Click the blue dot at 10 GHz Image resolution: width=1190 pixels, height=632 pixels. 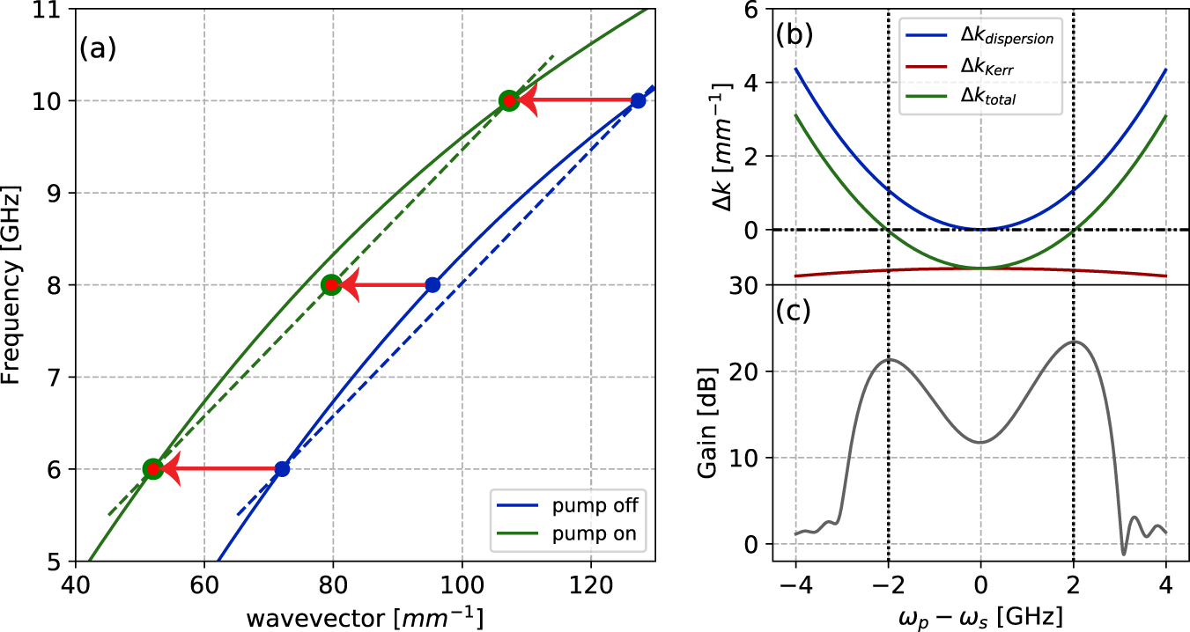click(638, 100)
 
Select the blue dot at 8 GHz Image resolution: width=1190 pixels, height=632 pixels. click(432, 284)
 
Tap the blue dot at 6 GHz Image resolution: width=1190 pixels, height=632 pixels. click(282, 469)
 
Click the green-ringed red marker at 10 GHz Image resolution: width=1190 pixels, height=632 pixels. click(508, 100)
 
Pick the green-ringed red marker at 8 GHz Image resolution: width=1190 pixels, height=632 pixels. click(331, 284)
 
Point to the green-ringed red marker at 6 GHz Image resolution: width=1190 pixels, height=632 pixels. click(152, 469)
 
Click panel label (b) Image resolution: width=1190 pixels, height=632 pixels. click(794, 35)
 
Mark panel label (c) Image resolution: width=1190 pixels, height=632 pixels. click(794, 312)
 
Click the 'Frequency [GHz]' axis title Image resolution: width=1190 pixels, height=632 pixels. click(12, 284)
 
